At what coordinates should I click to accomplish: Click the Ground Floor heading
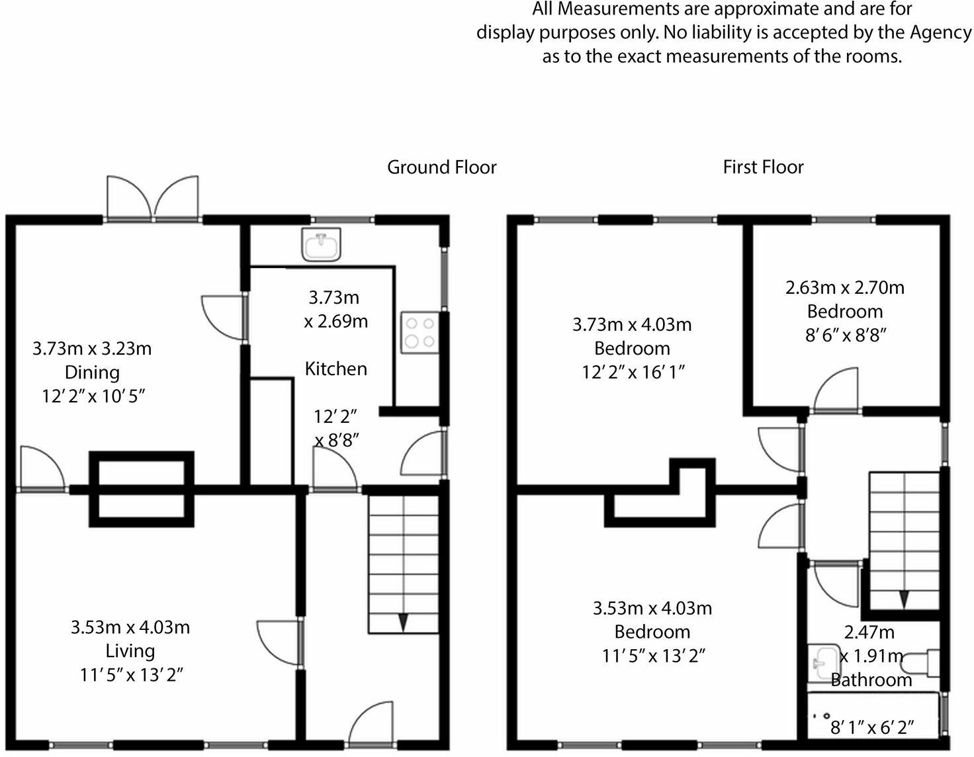(x=441, y=167)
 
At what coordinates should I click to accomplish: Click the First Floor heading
(x=764, y=167)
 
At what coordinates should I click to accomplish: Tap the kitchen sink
(x=322, y=244)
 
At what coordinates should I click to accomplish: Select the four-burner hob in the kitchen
(x=420, y=332)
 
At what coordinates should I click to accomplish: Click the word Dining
(x=93, y=373)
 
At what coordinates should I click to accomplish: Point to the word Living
(x=130, y=650)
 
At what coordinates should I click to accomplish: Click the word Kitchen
(x=336, y=369)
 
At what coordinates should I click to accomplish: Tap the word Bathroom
(x=871, y=680)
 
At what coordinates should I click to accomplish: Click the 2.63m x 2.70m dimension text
(x=845, y=288)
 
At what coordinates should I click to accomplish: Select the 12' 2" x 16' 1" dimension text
(x=633, y=373)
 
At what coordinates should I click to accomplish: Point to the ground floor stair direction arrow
(x=403, y=622)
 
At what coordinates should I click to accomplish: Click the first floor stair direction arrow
(x=903, y=600)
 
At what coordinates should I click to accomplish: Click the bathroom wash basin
(x=823, y=663)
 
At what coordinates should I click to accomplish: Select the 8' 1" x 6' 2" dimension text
(x=872, y=727)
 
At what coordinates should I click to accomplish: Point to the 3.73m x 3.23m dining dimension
(x=93, y=349)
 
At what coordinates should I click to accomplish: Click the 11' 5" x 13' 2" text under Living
(x=132, y=674)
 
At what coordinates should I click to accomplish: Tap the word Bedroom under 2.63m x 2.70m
(x=845, y=312)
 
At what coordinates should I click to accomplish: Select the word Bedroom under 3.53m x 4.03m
(x=652, y=632)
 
